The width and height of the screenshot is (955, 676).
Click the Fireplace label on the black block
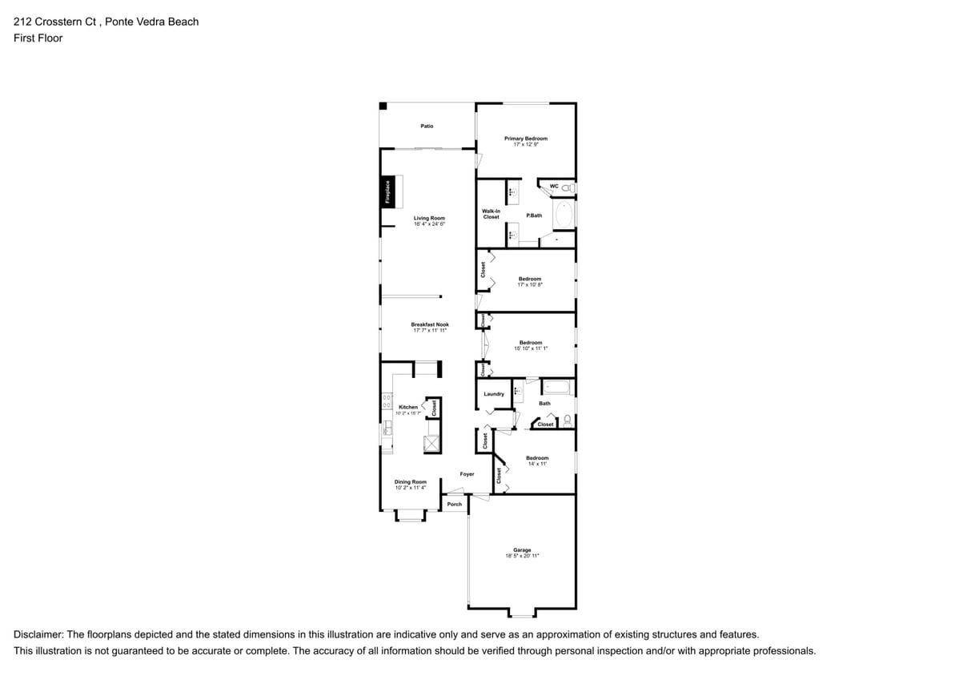coord(387,195)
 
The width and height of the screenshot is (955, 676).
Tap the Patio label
coord(427,126)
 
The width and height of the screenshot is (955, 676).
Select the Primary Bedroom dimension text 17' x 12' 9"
coord(526,144)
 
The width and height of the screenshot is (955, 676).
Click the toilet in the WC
coord(567,187)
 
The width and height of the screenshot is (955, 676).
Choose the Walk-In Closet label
coord(491,214)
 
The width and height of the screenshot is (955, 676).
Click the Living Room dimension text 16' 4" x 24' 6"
coord(429,224)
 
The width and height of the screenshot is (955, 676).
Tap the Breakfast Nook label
coord(430,324)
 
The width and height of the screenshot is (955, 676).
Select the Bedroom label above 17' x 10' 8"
coord(529,278)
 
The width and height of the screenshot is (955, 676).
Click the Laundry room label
coord(494,394)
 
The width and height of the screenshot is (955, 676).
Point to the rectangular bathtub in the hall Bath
coord(557,388)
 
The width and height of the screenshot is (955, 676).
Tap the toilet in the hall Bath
coord(568,419)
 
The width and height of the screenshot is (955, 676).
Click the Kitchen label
coord(407,407)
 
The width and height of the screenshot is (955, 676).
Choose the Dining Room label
coord(410,481)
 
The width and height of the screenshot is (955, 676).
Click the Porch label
coord(454,504)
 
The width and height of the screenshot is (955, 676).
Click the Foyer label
coord(467,474)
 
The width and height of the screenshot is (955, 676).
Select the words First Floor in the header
coord(38,38)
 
